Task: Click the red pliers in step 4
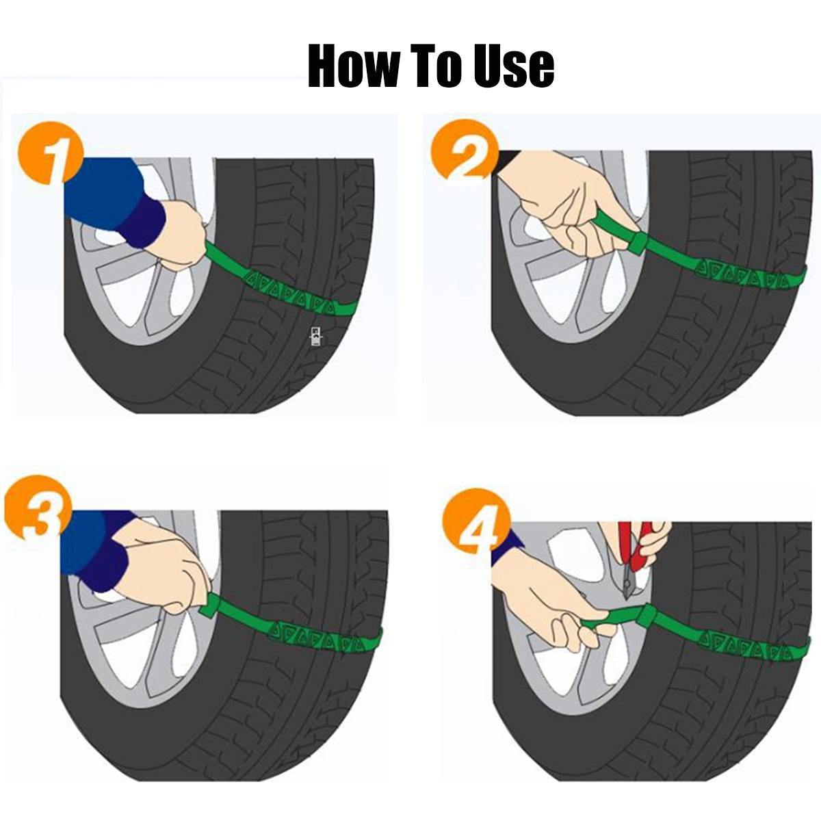point(636,547)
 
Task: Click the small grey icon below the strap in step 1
point(316,337)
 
